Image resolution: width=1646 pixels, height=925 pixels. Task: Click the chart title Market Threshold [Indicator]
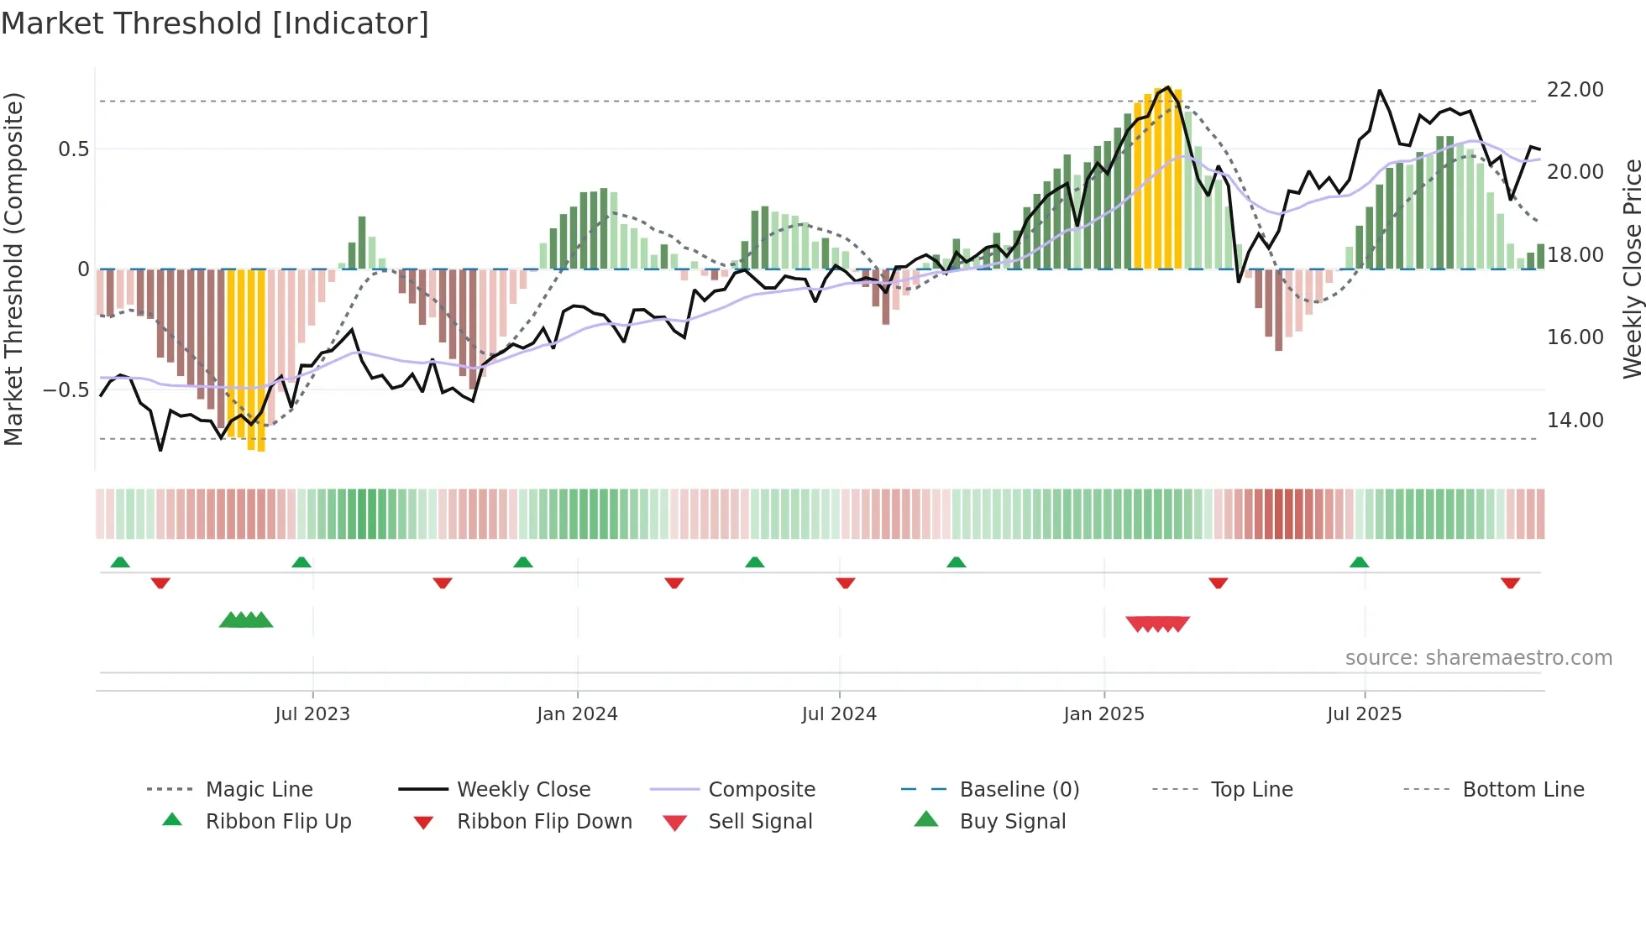[x=215, y=24]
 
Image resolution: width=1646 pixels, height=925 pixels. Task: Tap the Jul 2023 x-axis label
[x=312, y=714]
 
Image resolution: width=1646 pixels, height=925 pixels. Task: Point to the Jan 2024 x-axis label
[x=577, y=714]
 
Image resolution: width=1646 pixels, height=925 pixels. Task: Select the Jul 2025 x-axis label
[x=1364, y=714]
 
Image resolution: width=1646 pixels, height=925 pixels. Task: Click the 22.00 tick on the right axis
[x=1575, y=90]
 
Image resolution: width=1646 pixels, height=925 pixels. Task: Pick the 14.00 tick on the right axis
[x=1575, y=420]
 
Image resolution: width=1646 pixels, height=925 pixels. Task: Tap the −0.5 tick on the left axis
[x=66, y=390]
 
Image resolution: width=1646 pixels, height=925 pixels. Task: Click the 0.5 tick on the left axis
[x=73, y=149]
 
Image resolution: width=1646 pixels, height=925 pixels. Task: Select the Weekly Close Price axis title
[x=1632, y=269]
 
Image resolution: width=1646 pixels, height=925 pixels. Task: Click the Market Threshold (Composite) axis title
[x=13, y=269]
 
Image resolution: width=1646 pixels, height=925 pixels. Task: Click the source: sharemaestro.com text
[x=1478, y=658]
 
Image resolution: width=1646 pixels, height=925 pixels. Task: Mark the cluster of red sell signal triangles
[x=1157, y=624]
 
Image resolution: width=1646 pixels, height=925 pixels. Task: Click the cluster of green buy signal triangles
[x=246, y=620]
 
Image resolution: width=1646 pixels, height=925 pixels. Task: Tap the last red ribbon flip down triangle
[x=1510, y=583]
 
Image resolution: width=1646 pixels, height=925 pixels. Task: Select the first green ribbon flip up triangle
[x=120, y=562]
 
